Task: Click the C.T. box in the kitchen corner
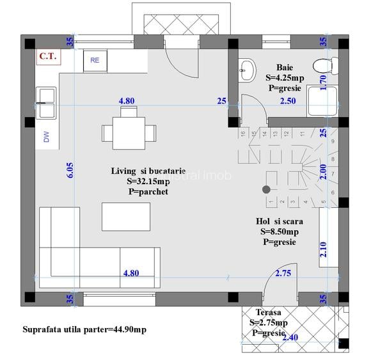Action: (x=48, y=56)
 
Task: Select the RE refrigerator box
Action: (x=95, y=60)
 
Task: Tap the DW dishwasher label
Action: (x=46, y=136)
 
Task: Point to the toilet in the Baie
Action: (x=326, y=64)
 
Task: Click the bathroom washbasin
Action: (x=246, y=68)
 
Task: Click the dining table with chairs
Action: (x=129, y=131)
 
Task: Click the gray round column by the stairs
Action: (x=266, y=189)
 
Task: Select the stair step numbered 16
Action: (x=243, y=133)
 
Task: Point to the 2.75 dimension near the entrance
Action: (x=283, y=273)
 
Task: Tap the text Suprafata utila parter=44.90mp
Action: (x=84, y=330)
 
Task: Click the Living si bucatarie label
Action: (x=148, y=171)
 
